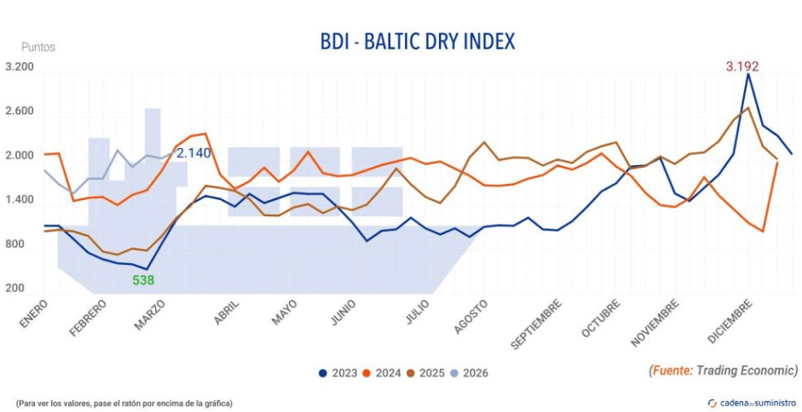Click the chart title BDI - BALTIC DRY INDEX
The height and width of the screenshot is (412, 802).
coord(418,40)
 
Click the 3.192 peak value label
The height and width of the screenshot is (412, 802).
coord(742,66)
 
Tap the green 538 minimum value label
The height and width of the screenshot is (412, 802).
coord(143,279)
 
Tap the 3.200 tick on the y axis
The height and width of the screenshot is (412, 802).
coord(19,67)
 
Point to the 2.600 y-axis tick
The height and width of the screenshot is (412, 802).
coord(19,112)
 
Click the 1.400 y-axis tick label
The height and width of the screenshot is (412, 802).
coord(19,200)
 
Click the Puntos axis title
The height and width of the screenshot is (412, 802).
coord(38,48)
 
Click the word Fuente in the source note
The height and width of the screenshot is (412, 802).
coord(671,370)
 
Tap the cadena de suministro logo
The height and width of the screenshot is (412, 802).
coord(753,402)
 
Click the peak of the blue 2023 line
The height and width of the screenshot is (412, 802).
coord(747,74)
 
